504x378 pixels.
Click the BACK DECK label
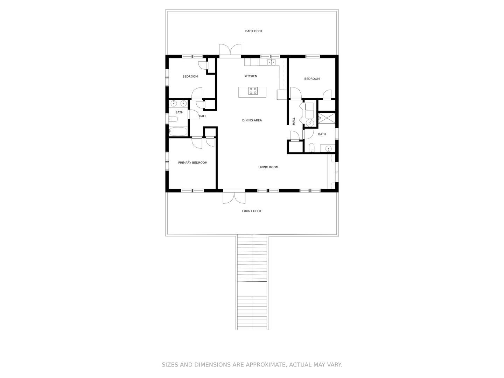tap(253, 31)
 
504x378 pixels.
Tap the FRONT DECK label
tap(251, 211)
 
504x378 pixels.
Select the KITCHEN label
tap(251, 76)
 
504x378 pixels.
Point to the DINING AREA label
tap(252, 120)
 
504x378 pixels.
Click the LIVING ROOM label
tap(268, 167)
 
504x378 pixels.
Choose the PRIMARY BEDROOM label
tap(192, 162)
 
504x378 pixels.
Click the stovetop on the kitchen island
tap(253, 91)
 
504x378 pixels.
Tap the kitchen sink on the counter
tap(271, 62)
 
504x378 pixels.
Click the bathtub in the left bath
tap(178, 132)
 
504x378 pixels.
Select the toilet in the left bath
tap(173, 119)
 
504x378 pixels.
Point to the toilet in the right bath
tap(311, 148)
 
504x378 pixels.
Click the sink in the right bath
tap(328, 148)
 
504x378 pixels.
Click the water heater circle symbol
tap(310, 123)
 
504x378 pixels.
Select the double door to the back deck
tap(230, 50)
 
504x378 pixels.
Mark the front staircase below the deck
tap(252, 283)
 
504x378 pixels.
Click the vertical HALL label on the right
tap(293, 121)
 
